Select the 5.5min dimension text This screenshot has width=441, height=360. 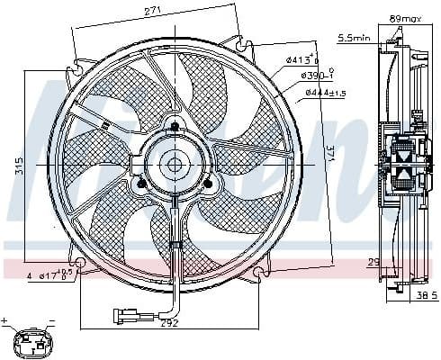[353, 38]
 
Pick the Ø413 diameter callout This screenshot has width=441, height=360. [301, 60]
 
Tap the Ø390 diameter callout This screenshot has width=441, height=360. [315, 76]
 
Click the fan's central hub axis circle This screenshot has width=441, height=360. [174, 164]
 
